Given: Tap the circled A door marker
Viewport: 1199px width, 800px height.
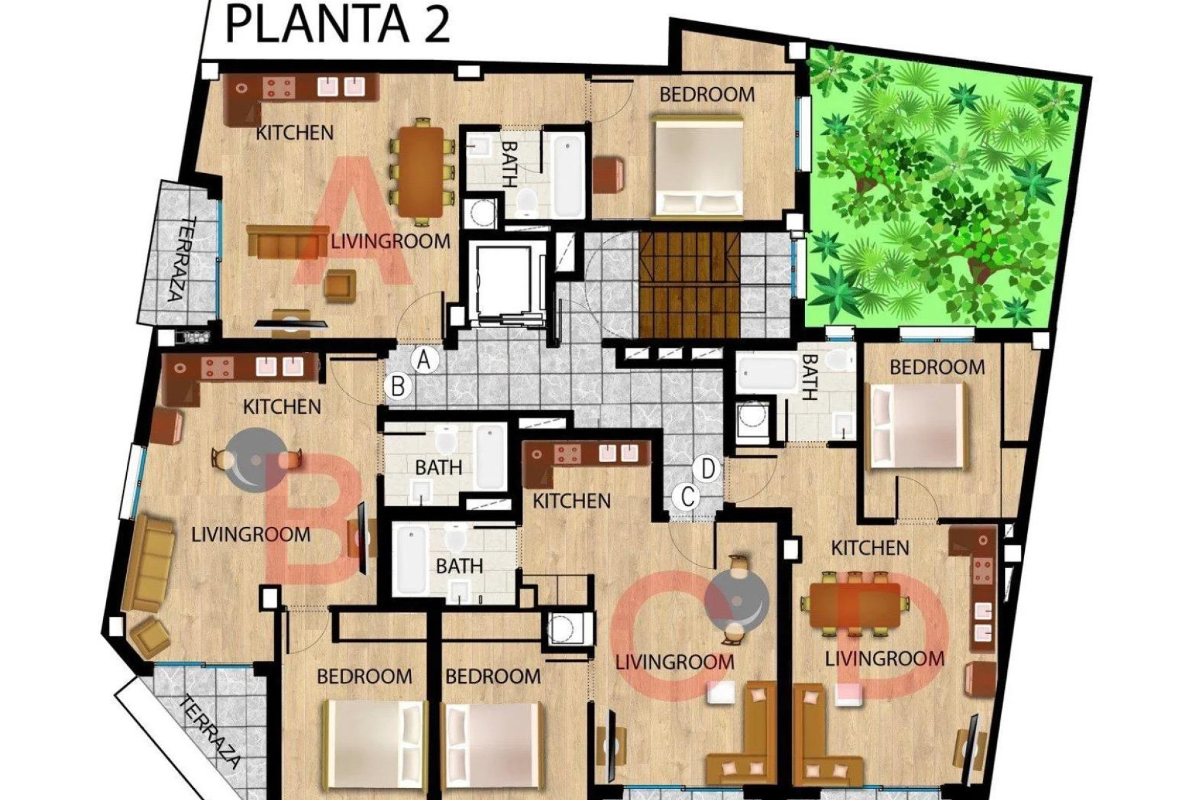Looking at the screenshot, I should (x=425, y=361).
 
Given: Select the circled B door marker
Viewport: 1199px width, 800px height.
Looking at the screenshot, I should (x=398, y=386).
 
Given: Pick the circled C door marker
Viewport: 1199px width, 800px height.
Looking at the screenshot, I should (x=688, y=497).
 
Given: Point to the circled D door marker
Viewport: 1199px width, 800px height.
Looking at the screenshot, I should (x=708, y=468).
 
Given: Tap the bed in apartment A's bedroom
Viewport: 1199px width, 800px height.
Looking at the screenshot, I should (x=698, y=166).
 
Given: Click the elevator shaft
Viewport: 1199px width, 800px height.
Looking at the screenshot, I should (x=503, y=281).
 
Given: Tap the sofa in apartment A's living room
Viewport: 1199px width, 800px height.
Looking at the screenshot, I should (x=288, y=242).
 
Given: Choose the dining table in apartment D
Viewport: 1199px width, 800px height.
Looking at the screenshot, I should (x=855, y=604).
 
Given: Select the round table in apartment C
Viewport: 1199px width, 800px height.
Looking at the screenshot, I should (x=737, y=601).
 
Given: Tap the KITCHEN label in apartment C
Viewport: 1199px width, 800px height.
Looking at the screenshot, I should (x=571, y=501).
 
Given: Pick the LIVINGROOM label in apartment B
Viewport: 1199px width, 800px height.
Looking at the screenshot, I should (x=250, y=534).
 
